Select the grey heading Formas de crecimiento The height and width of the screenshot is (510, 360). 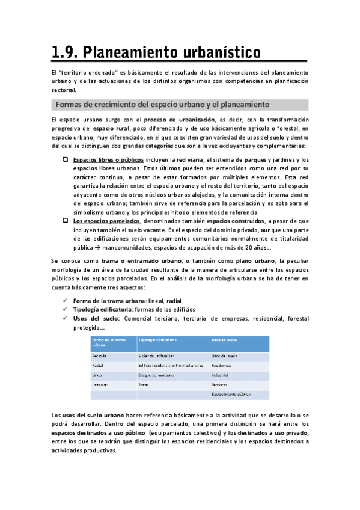click(162, 105)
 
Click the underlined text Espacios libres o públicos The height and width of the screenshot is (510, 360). click(108, 160)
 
